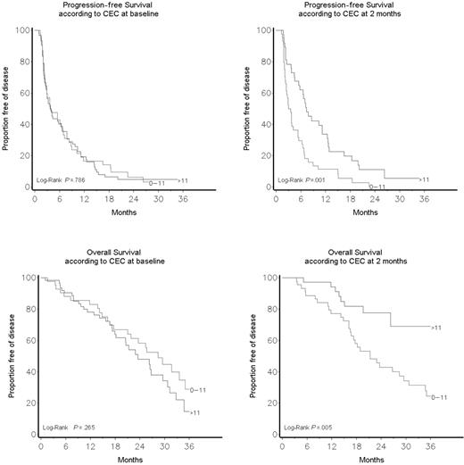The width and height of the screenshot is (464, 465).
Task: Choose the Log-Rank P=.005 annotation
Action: click(x=310, y=428)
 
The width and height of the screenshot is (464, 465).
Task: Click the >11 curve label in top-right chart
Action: click(x=424, y=179)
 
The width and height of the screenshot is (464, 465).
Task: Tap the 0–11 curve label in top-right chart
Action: click(x=376, y=187)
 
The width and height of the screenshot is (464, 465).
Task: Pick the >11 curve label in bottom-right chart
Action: click(x=435, y=328)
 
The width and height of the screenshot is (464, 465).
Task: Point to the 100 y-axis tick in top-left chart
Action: click(x=19, y=31)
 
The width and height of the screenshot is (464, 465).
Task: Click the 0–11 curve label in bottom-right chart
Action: click(x=439, y=396)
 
